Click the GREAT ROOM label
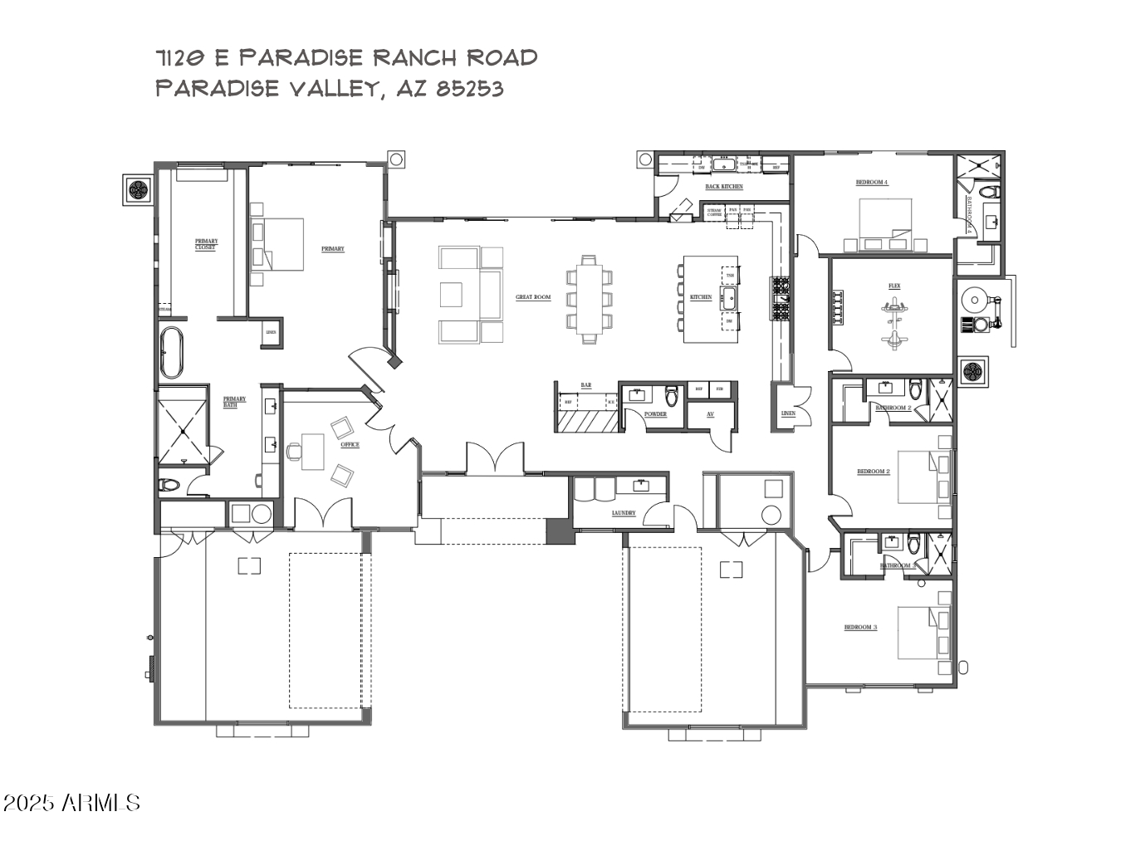(x=533, y=297)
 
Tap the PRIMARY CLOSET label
(x=206, y=244)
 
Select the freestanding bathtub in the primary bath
(x=171, y=352)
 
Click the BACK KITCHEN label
(x=724, y=187)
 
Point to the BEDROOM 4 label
(x=872, y=183)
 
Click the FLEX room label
(x=894, y=286)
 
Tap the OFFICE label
(x=350, y=445)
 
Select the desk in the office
(x=313, y=451)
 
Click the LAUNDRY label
(x=624, y=513)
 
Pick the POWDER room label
(x=655, y=414)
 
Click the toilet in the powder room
(x=672, y=394)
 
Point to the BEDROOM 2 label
(x=873, y=472)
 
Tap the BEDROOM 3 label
(x=860, y=628)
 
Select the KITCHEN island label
(x=701, y=297)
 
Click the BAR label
(x=586, y=385)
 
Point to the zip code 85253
(x=470, y=88)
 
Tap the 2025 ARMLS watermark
(x=71, y=803)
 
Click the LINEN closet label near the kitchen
(x=788, y=413)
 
